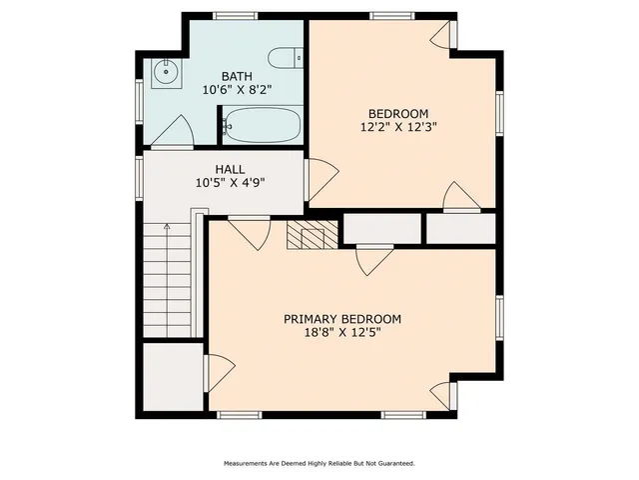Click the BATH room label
click(x=237, y=76)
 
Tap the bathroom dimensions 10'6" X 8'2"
click(x=237, y=90)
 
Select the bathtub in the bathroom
click(x=263, y=127)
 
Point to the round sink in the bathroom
click(x=165, y=71)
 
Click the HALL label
click(x=230, y=170)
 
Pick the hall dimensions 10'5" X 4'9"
click(x=230, y=184)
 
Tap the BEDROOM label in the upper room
click(x=398, y=113)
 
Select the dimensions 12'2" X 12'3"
click(x=398, y=127)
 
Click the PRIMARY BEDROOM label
click(x=342, y=319)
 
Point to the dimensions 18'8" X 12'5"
click(x=342, y=333)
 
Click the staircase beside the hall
click(x=166, y=280)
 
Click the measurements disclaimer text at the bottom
click(x=319, y=464)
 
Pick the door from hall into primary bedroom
click(x=249, y=232)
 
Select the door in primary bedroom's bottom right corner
click(x=441, y=394)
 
